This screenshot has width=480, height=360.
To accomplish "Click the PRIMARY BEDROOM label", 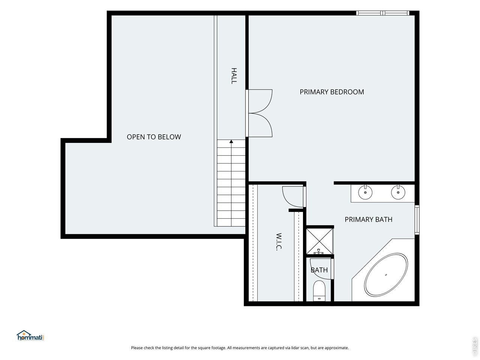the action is tap(331, 92).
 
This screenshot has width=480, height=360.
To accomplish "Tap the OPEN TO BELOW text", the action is tap(154, 137).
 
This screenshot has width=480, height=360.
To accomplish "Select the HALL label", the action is tap(234, 76).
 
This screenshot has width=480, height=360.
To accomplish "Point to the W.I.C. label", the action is tap(279, 241).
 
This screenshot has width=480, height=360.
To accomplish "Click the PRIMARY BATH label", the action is tap(368, 219).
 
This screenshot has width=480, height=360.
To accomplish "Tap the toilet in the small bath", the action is tap(319, 291).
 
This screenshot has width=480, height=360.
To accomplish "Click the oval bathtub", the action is tap(386, 275).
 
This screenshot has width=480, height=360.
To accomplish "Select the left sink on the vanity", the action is tap(365, 192).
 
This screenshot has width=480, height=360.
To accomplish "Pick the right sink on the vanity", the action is tap(398, 192).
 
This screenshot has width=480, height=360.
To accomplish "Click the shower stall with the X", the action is tap(320, 241).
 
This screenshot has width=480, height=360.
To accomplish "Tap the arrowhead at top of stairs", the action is tap(231, 142).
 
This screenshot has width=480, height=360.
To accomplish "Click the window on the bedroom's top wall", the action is tap(382, 13).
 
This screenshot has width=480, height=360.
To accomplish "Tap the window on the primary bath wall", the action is tap(417, 220).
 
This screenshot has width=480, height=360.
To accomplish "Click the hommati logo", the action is tap(30, 335).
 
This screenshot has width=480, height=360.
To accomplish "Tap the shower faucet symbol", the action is tap(319, 252).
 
